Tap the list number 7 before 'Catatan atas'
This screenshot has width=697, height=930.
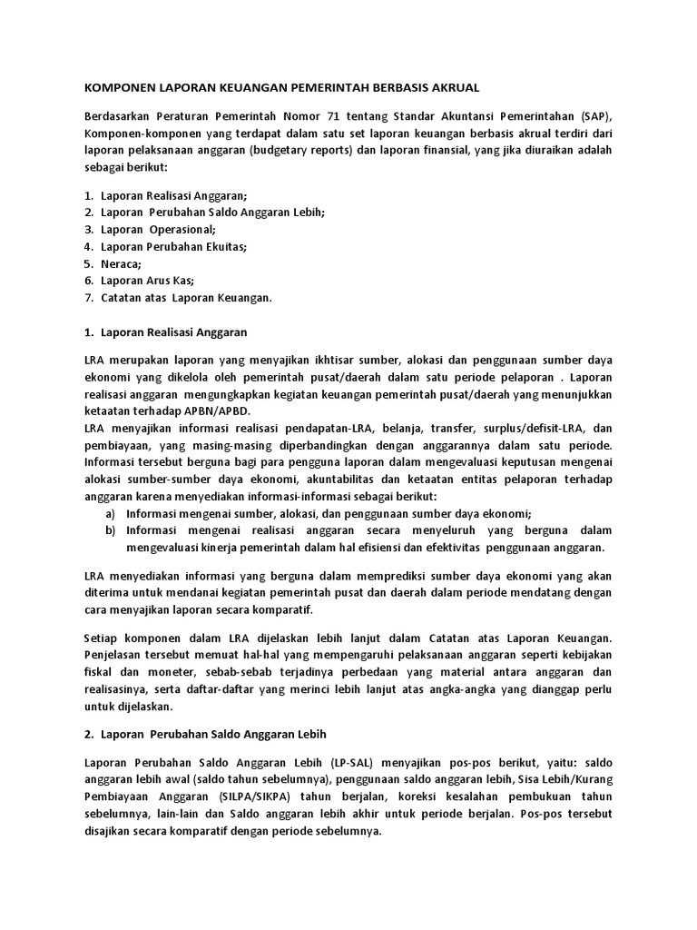click(89, 297)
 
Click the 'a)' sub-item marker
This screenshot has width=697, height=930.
click(111, 512)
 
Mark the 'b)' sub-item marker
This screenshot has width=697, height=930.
click(111, 529)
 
